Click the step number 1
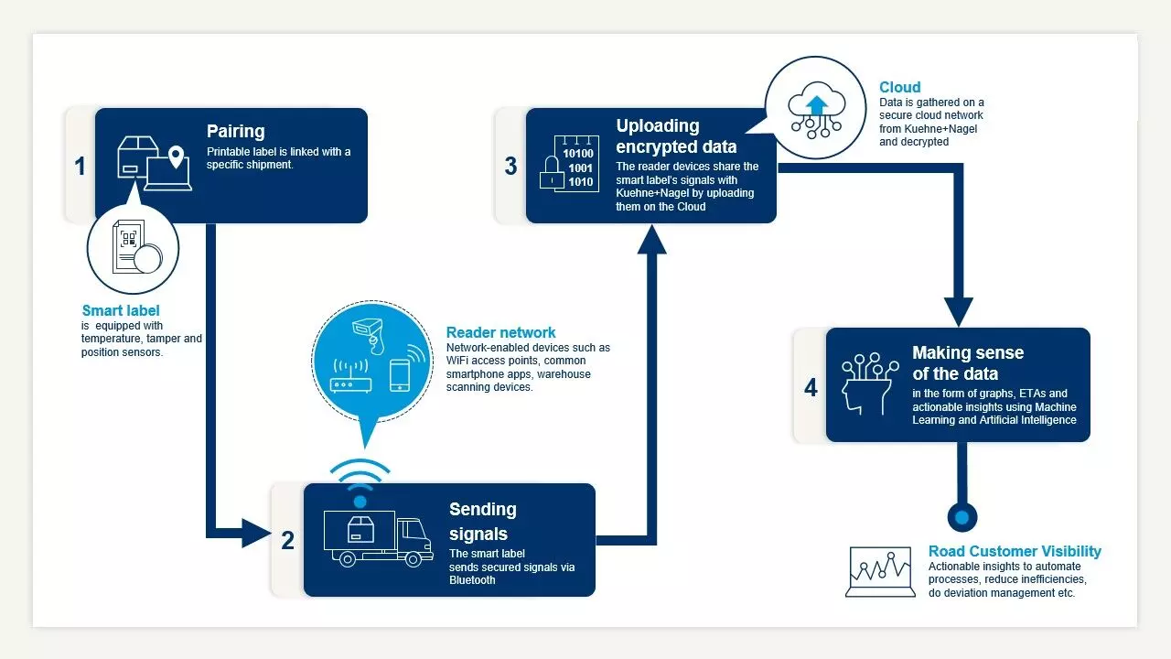[x=81, y=166]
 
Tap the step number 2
[x=287, y=540]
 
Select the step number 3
[x=510, y=165]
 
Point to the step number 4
[x=811, y=387]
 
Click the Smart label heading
[x=121, y=311]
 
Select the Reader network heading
[x=500, y=332]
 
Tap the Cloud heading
[x=899, y=88]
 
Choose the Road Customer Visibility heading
[x=1015, y=551]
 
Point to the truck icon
[x=378, y=538]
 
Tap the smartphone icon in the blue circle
[x=400, y=375]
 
